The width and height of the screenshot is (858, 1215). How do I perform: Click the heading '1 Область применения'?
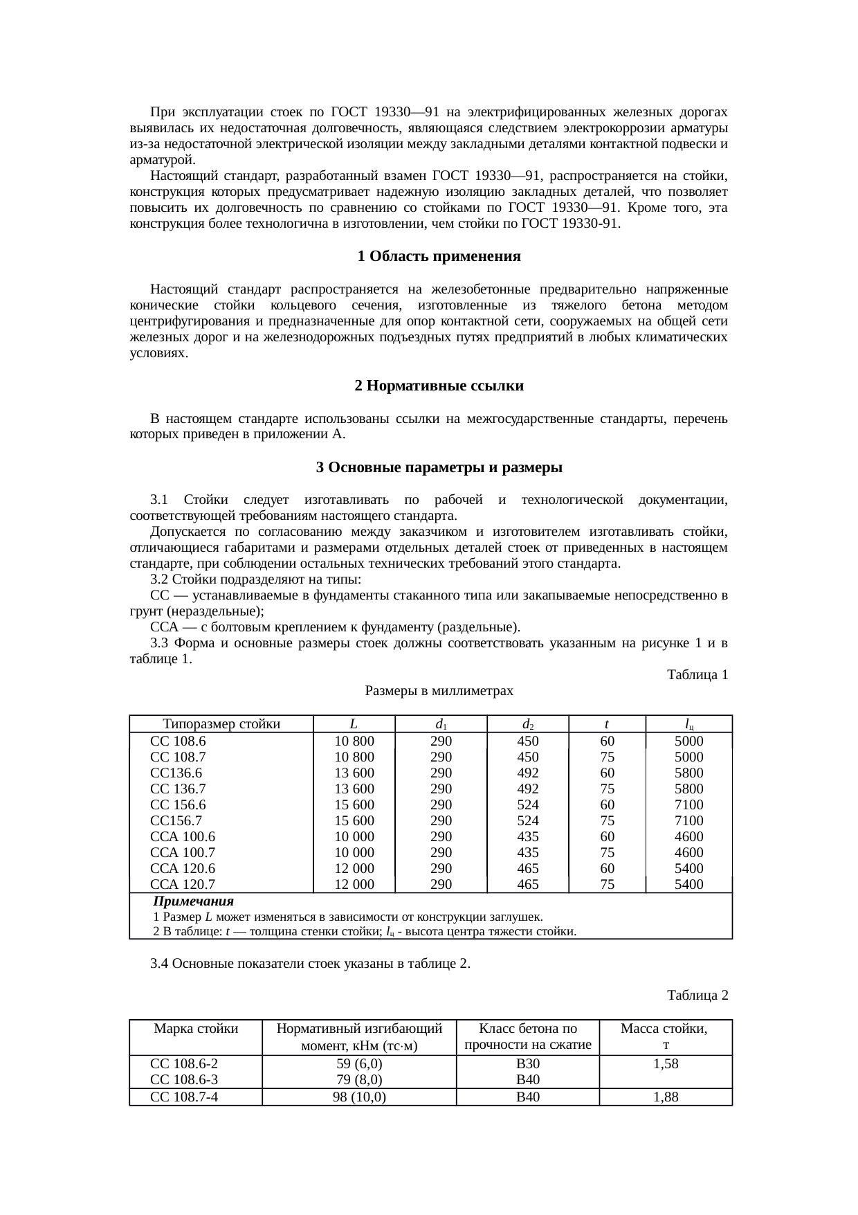click(x=439, y=257)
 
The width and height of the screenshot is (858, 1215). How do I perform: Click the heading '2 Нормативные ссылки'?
click(x=439, y=386)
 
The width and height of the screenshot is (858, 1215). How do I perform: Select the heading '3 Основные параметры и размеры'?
click(x=439, y=468)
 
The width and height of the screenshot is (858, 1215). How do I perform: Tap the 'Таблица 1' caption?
click(x=697, y=674)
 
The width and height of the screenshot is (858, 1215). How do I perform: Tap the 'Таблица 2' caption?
click(x=697, y=996)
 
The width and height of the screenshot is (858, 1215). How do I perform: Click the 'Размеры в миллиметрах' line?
click(x=439, y=691)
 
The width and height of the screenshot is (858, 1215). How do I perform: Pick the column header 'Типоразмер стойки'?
click(x=221, y=725)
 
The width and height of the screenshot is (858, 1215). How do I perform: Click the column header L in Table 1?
click(x=354, y=725)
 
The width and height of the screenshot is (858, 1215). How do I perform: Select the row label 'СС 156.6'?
click(x=178, y=805)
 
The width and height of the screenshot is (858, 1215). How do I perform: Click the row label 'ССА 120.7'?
click(x=183, y=885)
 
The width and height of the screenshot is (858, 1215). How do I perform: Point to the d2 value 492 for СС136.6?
click(x=528, y=773)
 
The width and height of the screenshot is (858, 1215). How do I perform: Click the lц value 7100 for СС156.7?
click(x=688, y=821)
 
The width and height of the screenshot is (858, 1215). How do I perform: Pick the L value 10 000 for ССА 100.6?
click(x=354, y=837)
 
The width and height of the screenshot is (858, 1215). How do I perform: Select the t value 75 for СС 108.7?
click(x=607, y=757)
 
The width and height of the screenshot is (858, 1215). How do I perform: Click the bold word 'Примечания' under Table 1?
click(x=193, y=902)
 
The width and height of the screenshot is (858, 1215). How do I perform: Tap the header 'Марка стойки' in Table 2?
click(x=196, y=1029)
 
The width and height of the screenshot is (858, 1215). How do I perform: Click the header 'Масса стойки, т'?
click(x=665, y=1036)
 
